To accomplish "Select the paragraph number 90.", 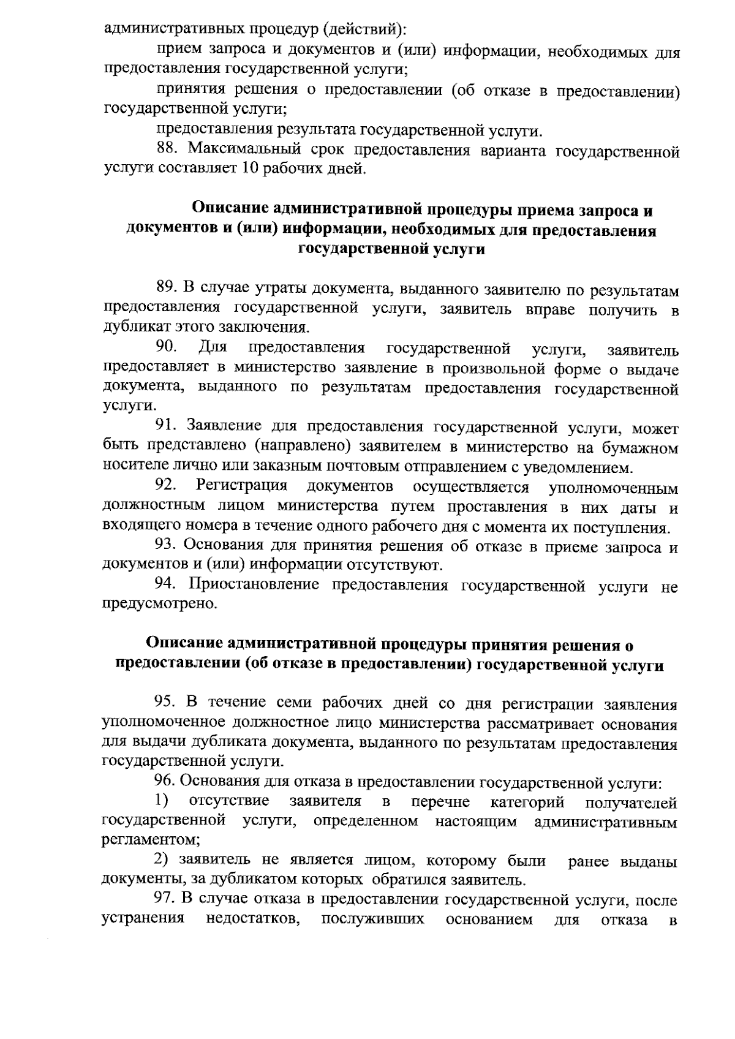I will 167,348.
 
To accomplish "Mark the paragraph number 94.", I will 167,585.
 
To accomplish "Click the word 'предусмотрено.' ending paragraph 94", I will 159,605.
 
